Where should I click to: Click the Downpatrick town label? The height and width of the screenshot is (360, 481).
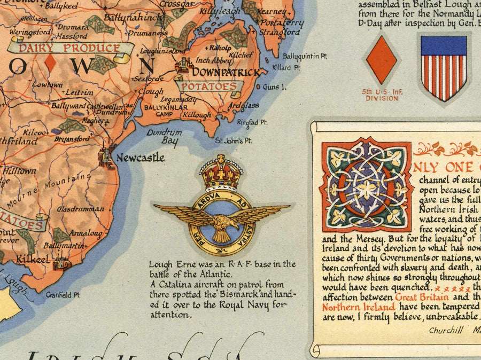226,72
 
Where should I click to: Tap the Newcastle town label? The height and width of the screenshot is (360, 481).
140,158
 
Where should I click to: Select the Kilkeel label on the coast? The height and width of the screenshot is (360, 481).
33,259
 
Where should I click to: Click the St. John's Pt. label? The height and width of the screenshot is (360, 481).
233,141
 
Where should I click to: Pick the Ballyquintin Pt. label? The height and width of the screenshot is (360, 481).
305,56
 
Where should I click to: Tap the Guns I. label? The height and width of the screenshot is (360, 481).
275,87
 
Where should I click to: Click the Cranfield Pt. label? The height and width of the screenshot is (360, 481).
63,294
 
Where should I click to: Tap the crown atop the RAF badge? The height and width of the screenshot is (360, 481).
221,173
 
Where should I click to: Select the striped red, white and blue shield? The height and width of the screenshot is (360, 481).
444,67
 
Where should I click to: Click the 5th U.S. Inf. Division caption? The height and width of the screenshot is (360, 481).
381,95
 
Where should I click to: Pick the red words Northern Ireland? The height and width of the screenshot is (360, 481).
359,307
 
